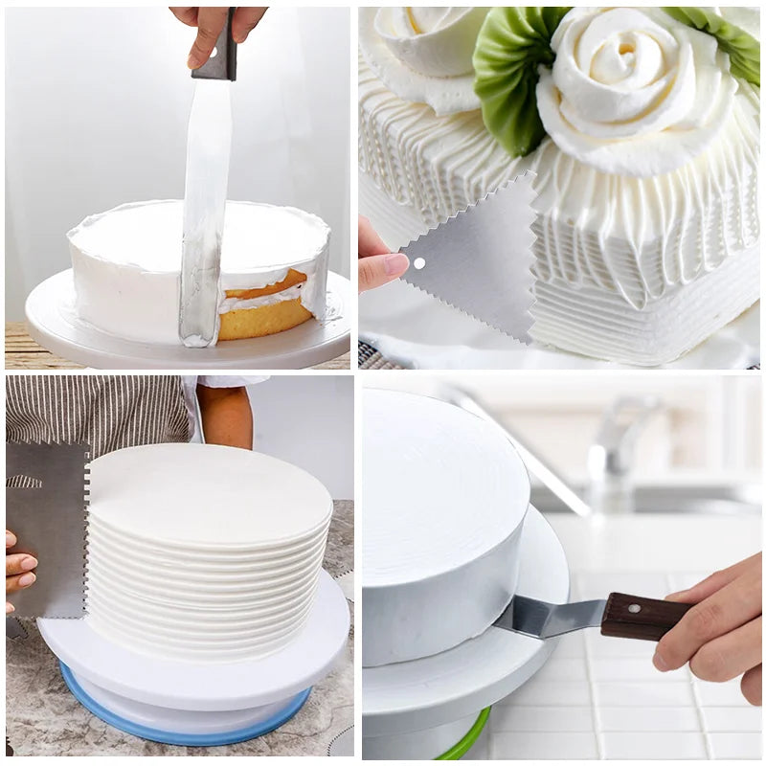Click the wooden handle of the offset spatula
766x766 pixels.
coord(643,615)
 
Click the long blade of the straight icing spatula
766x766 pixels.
coord(205,211)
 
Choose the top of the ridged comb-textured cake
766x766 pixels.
coord(206,493)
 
